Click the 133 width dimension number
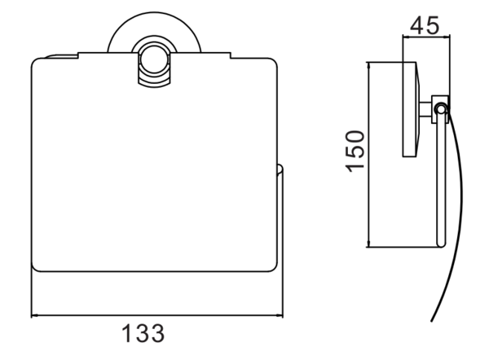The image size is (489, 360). (x=143, y=333)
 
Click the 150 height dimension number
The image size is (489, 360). (x=355, y=151)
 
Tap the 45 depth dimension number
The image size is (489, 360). (x=425, y=25)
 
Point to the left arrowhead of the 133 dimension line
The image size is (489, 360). (x=34, y=316)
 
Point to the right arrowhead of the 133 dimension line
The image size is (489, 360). (x=280, y=316)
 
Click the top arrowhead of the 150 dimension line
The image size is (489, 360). (x=369, y=65)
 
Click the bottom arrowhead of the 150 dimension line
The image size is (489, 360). (x=369, y=244)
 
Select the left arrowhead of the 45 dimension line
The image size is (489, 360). (x=406, y=37)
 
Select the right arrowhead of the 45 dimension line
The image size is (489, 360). (x=447, y=37)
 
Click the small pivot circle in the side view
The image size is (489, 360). (x=441, y=109)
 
